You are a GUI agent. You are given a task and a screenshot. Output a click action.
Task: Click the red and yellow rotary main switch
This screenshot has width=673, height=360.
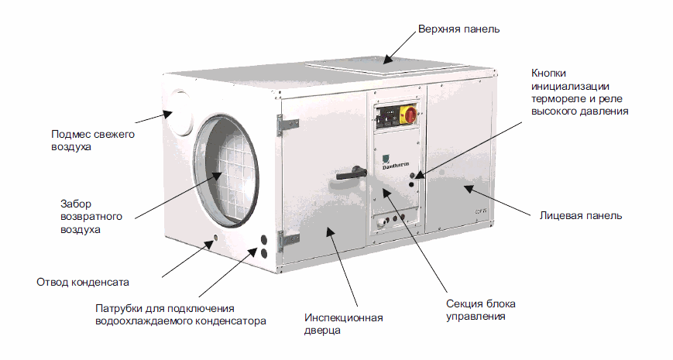(x=407, y=115)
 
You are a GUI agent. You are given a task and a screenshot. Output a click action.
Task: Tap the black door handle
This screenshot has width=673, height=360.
(x=351, y=173)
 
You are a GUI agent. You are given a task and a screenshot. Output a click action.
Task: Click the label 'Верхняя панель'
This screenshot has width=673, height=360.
(x=458, y=29)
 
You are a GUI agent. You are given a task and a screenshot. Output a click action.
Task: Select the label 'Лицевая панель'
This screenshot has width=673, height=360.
(x=580, y=215)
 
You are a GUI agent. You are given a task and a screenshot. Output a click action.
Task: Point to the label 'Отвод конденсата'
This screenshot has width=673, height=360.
(x=83, y=282)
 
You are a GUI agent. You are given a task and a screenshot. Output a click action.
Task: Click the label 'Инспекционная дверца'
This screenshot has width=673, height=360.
(x=343, y=324)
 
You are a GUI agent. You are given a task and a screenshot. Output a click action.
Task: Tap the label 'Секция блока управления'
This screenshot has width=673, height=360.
(x=481, y=310)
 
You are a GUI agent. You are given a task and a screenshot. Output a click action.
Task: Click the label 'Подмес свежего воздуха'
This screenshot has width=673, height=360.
(x=93, y=140)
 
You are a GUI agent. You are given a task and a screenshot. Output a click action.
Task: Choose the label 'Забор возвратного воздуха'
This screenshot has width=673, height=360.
(x=91, y=217)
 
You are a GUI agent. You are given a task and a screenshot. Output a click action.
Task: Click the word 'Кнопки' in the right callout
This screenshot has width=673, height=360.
(x=548, y=73)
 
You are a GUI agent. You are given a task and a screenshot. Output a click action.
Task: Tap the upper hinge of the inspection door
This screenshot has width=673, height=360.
(x=287, y=125)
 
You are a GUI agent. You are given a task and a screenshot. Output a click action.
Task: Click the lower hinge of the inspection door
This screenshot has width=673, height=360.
(x=287, y=241)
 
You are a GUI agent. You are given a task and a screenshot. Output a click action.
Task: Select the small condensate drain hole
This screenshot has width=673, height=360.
(x=215, y=238)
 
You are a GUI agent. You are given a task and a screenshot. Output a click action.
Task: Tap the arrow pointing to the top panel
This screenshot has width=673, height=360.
(x=400, y=47)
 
